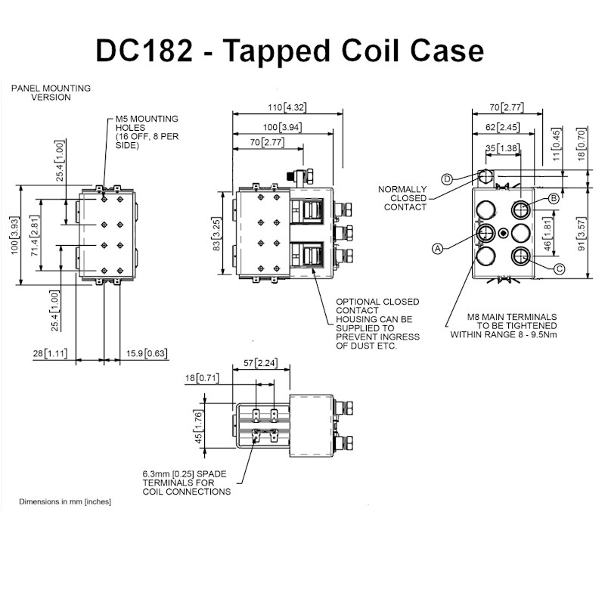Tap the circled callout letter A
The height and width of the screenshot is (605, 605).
[437, 247]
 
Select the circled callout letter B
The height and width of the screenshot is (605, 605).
[553, 198]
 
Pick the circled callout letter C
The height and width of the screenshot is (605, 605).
[559, 268]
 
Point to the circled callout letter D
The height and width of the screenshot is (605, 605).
[447, 178]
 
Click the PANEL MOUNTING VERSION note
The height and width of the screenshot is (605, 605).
[51, 92]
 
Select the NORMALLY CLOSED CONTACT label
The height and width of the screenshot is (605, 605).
[402, 198]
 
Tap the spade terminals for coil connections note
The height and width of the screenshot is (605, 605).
[186, 482]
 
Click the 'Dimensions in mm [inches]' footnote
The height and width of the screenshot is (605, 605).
[65, 501]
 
